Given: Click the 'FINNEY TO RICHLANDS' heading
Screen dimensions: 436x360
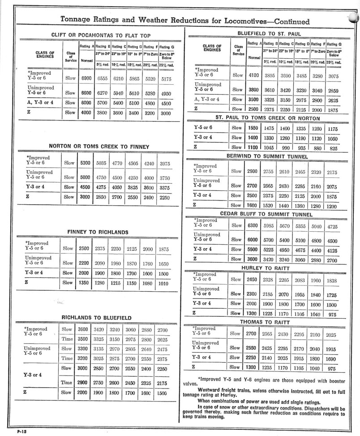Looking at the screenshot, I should tap(98, 232).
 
